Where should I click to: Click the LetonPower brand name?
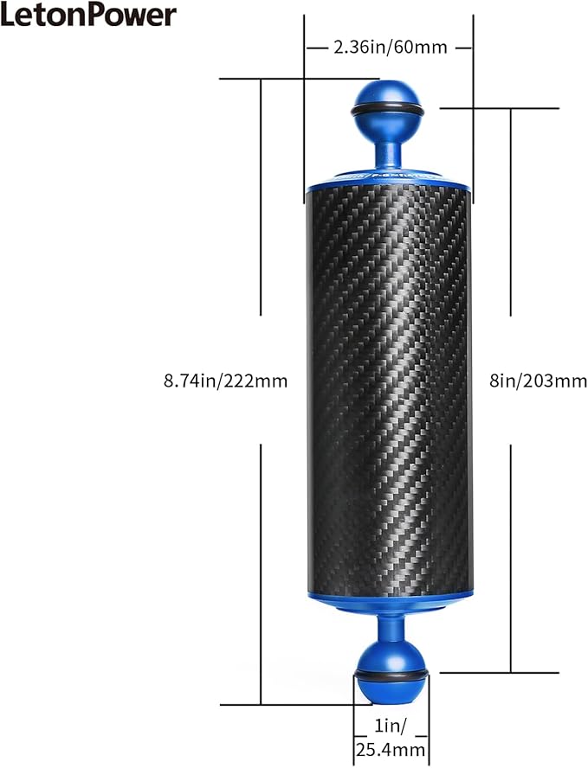(x=89, y=15)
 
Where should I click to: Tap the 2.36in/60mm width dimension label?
(x=390, y=47)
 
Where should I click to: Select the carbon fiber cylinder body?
(x=390, y=389)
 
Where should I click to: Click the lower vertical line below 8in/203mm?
(x=511, y=559)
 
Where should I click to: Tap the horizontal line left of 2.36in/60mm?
(x=318, y=48)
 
